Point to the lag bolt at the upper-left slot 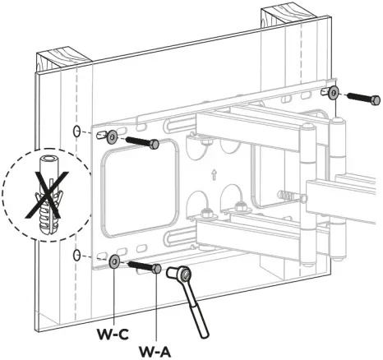142,142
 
